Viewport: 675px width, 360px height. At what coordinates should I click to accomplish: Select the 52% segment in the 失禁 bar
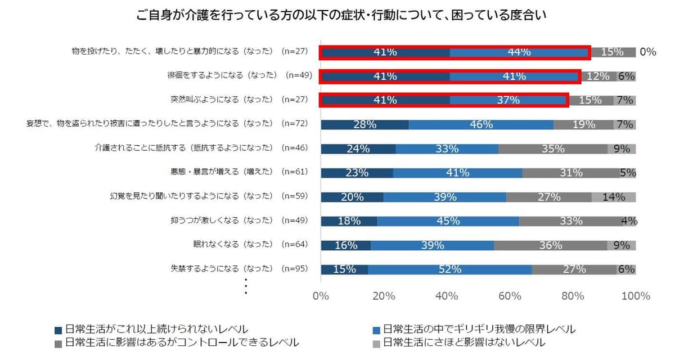(x=449, y=269)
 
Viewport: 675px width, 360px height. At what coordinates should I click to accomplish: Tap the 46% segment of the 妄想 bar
(x=481, y=124)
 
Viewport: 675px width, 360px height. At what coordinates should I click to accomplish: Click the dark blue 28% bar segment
(x=364, y=124)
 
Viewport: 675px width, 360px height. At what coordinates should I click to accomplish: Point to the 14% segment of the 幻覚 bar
(x=614, y=197)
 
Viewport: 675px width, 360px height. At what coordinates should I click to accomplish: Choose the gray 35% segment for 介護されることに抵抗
(x=552, y=148)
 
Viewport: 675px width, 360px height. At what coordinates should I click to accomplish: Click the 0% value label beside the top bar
(x=647, y=52)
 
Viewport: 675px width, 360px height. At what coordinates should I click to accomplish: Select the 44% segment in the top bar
(x=519, y=52)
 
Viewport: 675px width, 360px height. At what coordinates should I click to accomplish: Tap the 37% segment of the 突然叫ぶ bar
(x=508, y=100)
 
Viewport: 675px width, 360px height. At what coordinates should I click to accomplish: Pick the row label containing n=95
(x=239, y=269)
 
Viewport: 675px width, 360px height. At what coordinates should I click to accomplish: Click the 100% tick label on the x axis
(x=635, y=296)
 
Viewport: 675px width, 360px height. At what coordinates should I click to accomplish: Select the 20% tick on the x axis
(x=384, y=296)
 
